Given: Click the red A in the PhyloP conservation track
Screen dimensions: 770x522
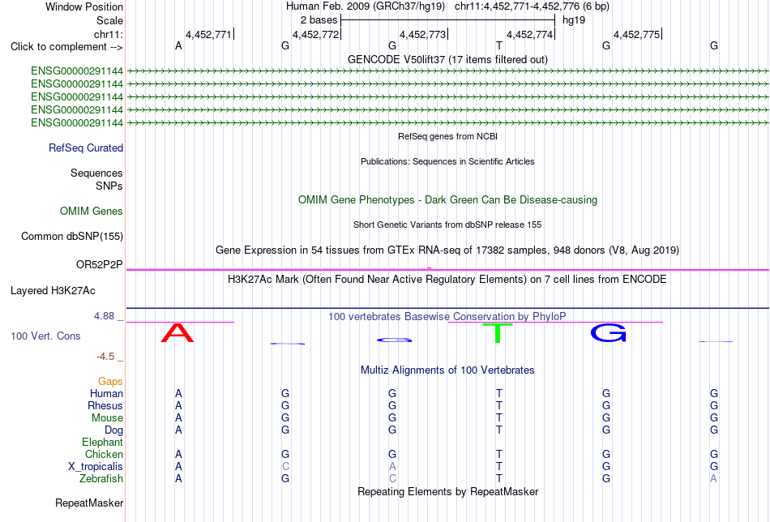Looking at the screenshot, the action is [x=178, y=332].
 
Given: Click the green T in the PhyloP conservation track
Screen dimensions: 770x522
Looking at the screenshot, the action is [x=498, y=333].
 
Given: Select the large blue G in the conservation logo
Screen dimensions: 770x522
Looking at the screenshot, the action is [x=609, y=333].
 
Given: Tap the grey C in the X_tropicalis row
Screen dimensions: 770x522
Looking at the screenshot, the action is [x=285, y=467].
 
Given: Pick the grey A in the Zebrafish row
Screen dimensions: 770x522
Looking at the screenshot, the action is [x=713, y=479].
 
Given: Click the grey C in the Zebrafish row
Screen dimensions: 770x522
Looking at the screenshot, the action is [x=391, y=479].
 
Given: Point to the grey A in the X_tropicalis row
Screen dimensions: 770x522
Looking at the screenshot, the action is [x=391, y=467].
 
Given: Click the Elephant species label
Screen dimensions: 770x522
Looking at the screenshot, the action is [x=102, y=442].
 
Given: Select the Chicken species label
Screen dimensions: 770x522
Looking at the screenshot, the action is [x=104, y=454].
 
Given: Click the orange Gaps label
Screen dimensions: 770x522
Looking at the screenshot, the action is [x=110, y=382].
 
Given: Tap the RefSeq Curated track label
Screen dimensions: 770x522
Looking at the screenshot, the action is [x=86, y=148].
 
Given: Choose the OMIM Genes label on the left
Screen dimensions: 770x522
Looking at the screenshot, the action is [x=92, y=212].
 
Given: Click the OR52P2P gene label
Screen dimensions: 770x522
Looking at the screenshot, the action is [x=99, y=265].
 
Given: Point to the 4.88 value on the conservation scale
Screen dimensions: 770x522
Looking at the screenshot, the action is [x=104, y=316].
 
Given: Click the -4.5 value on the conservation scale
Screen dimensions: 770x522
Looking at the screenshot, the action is [x=105, y=357].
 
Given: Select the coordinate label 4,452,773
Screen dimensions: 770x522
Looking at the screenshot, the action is [x=422, y=34].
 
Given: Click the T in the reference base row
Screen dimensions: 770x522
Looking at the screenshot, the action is [x=499, y=45].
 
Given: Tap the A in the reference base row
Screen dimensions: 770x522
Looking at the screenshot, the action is [x=178, y=45].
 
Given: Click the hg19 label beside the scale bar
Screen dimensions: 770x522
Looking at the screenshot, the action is [x=574, y=20].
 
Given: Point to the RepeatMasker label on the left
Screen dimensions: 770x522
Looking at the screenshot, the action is [x=89, y=503].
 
